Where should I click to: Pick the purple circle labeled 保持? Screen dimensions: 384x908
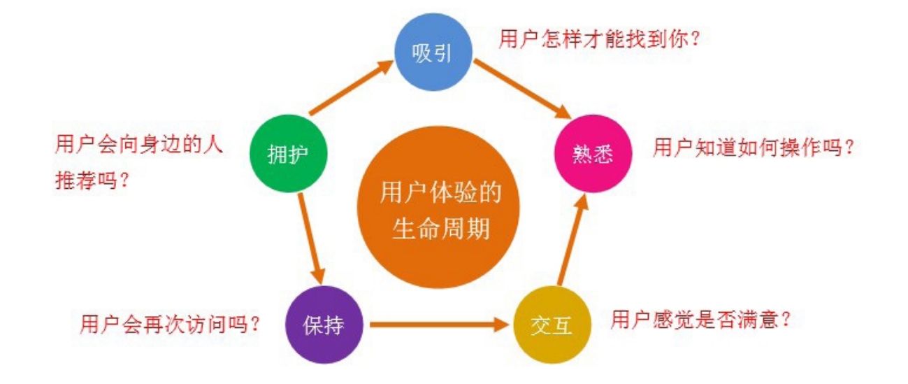coord(324,325)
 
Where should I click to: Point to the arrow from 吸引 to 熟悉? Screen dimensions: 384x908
coord(521,90)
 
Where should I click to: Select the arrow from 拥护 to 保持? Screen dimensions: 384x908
coord(310,238)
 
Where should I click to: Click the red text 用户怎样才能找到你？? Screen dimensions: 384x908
coord(600,38)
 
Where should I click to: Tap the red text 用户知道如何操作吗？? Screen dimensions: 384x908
coord(754,148)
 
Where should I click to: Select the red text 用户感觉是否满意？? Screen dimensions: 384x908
coord(701,320)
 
